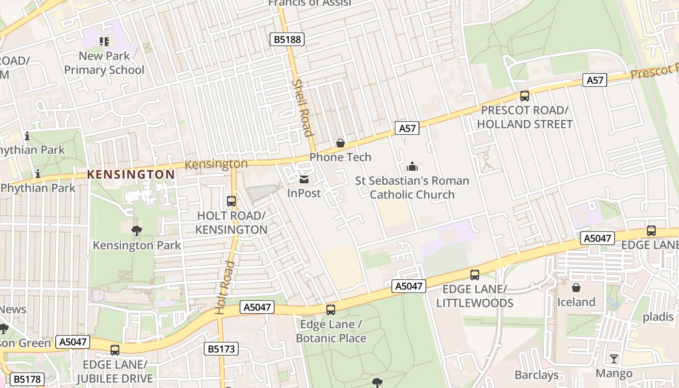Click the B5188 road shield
click(287, 39)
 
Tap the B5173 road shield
click(221, 348)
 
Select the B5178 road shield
click(27, 379)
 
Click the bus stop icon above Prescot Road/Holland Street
click(524, 96)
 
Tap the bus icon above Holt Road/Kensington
click(231, 201)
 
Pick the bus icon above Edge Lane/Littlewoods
click(475, 275)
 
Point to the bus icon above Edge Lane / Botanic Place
click(331, 310)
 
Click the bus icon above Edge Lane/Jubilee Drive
click(115, 350)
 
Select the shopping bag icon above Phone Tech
click(340, 143)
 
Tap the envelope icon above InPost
click(304, 179)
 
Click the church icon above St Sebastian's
click(412, 167)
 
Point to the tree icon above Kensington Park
click(137, 231)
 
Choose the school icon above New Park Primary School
click(104, 42)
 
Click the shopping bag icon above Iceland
click(576, 288)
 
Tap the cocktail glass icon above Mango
click(614, 359)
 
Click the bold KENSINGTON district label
click(131, 175)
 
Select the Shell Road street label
click(302, 108)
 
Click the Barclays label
click(536, 375)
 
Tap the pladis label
click(658, 317)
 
